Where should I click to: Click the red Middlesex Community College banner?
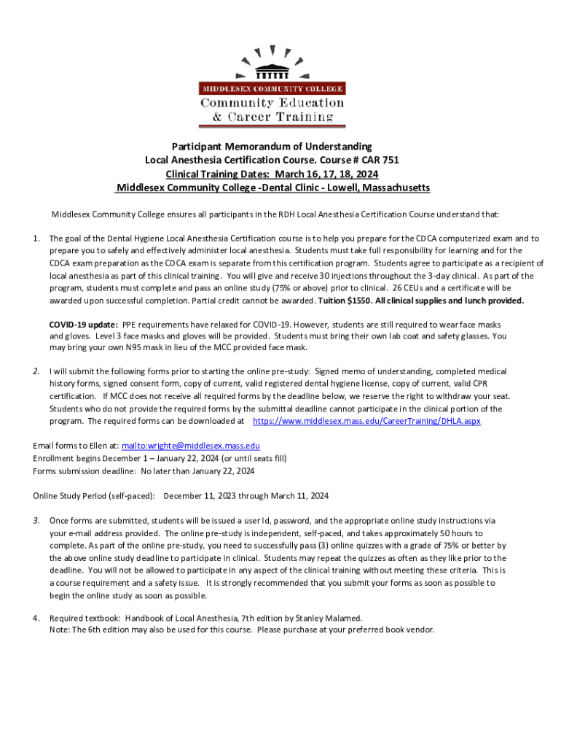272,88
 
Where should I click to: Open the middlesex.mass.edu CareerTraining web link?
366,422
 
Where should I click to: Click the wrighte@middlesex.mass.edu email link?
190,446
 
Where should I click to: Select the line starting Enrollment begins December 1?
160,458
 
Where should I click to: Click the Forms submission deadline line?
144,471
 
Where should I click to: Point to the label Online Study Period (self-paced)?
94,496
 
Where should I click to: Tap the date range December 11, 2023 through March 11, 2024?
246,496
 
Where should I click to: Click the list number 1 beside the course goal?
36,239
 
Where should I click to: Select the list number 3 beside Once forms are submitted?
36,521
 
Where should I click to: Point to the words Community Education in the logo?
272,103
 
